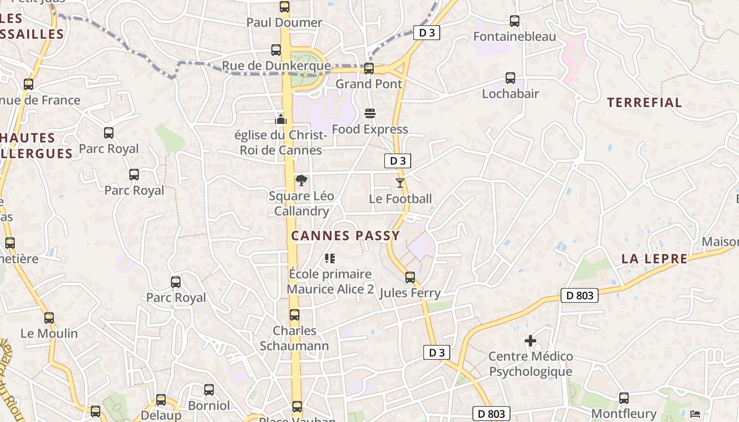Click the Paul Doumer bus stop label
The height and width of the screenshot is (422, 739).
click(284, 23)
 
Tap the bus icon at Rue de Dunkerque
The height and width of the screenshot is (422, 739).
click(276, 50)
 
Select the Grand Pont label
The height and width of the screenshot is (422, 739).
click(368, 84)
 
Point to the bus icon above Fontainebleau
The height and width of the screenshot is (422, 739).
click(515, 21)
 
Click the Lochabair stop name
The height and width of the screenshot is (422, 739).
click(510, 94)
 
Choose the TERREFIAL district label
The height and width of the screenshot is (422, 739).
click(645, 102)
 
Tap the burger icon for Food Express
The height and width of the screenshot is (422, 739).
click(369, 113)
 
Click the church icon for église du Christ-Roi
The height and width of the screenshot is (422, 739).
click(281, 119)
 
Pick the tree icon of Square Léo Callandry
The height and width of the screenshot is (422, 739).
click(301, 181)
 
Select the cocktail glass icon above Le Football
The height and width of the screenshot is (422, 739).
click(400, 183)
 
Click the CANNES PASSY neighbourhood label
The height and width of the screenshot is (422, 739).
click(346, 236)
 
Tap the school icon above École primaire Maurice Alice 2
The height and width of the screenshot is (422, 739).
click(330, 258)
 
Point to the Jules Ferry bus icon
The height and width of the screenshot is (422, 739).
click(410, 277)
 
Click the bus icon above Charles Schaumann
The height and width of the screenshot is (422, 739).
click(295, 315)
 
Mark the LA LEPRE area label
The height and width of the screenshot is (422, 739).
click(655, 259)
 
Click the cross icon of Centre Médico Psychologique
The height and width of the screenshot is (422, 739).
click(530, 341)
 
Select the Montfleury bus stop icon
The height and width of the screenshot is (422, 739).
click(624, 398)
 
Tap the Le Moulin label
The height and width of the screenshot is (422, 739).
click(49, 333)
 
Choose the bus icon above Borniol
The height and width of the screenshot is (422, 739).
click(209, 390)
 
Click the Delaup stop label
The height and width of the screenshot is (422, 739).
click(161, 415)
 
